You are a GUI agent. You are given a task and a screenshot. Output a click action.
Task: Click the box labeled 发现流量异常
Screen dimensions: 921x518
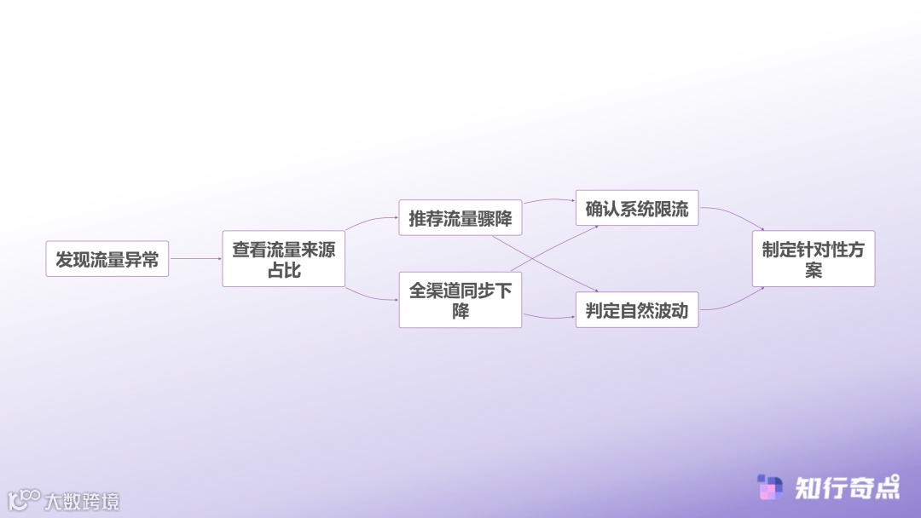click(107, 259)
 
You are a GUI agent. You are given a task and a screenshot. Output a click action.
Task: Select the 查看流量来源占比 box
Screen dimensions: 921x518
click(283, 259)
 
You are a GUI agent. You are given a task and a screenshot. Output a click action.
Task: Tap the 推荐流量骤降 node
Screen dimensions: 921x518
click(460, 218)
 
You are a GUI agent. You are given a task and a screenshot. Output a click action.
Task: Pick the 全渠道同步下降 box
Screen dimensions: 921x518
click(460, 300)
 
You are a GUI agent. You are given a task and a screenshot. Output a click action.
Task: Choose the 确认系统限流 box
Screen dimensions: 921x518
click(636, 208)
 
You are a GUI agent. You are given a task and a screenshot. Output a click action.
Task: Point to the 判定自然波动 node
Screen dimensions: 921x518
click(636, 310)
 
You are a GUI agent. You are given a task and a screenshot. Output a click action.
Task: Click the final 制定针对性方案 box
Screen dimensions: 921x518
click(813, 259)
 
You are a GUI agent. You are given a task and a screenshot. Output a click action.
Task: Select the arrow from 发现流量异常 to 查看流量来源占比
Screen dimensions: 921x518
click(195, 259)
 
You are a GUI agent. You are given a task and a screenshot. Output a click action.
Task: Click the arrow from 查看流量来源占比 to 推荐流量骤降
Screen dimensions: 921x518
click(371, 222)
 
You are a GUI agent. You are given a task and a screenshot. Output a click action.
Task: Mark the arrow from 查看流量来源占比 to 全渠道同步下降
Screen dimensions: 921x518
click(371, 296)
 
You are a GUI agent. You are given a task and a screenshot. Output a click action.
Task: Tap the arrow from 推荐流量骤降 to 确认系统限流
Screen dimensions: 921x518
click(548, 201)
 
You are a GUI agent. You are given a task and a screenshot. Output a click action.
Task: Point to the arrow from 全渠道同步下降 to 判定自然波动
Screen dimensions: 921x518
click(548, 317)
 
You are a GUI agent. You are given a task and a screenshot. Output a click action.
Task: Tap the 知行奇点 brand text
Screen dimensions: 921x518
click(846, 487)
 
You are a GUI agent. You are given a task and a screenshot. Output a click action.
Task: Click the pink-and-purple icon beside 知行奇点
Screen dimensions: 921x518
click(770, 487)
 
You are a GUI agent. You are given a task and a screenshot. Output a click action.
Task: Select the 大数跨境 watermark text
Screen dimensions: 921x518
click(82, 501)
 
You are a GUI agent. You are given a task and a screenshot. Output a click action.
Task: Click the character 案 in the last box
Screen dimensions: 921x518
click(813, 270)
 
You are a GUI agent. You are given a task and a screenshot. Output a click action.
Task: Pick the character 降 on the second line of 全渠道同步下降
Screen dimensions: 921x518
click(460, 311)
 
